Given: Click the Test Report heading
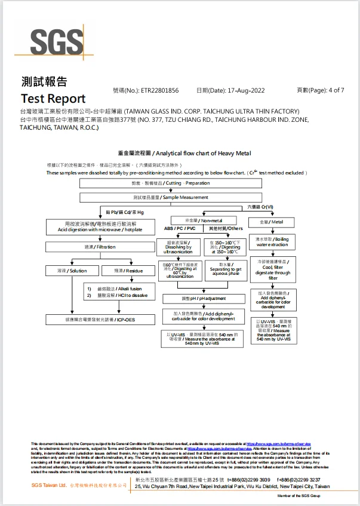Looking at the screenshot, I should click(53, 99).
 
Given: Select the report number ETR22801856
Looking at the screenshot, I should click(159, 91).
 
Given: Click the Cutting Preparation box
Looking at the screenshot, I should click(171, 183).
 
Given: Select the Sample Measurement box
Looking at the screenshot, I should click(171, 197).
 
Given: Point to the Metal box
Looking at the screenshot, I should click(272, 222).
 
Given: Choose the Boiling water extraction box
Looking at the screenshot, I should click(272, 242).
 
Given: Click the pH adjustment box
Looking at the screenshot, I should click(204, 298).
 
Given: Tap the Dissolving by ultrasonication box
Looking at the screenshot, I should click(179, 246).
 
